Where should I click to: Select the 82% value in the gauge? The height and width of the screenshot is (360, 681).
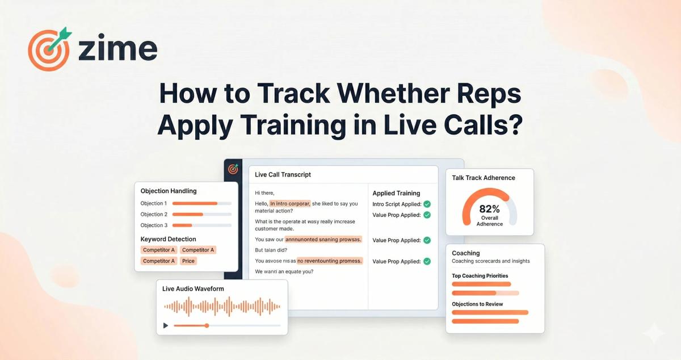(x=489, y=209)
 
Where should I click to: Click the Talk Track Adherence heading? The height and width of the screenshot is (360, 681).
(x=484, y=178)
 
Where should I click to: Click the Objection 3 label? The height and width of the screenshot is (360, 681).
(x=154, y=225)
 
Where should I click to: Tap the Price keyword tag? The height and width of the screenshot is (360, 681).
(x=188, y=261)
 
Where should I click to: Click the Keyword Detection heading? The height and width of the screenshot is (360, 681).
(x=169, y=239)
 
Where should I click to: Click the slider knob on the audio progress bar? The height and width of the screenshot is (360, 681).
(x=207, y=325)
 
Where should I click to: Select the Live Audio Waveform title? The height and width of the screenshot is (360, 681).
(x=193, y=288)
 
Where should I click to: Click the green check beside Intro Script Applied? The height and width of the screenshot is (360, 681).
(x=427, y=204)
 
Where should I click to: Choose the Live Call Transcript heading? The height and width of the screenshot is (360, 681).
(x=283, y=174)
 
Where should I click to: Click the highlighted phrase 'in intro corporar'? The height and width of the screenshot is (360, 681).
(x=290, y=203)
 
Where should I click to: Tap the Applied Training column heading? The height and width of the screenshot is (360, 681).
(x=396, y=193)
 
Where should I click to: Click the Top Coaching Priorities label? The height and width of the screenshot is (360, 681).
(x=480, y=276)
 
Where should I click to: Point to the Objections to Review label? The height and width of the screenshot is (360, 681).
(x=477, y=304)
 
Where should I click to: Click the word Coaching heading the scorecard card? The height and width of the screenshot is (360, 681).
(x=466, y=253)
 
